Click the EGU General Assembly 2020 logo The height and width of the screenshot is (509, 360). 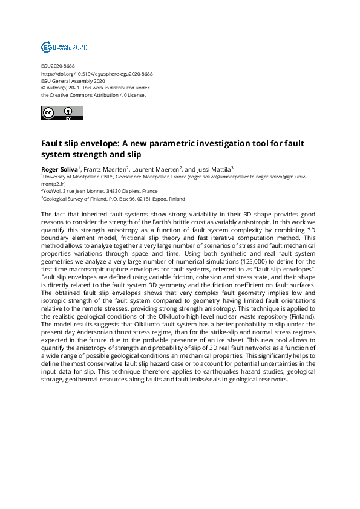click(x=65, y=47)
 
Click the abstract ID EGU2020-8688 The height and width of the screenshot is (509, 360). click(x=58, y=66)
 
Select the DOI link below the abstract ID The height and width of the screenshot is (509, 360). click(x=96, y=73)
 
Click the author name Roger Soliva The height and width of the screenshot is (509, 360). click(x=59, y=169)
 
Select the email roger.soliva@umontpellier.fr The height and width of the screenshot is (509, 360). click(x=220, y=178)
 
